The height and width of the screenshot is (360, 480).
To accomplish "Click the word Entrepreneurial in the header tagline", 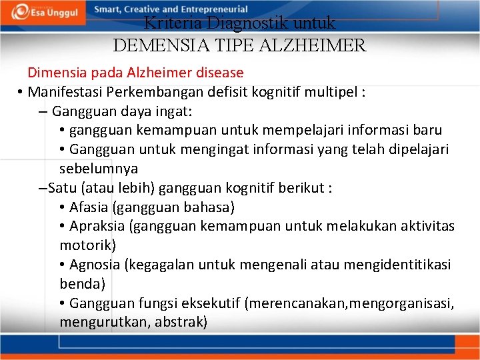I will tap(213, 10).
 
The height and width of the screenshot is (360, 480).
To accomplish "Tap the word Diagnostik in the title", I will tap(241, 25).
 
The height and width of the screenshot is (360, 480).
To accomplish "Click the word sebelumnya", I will tap(99, 169).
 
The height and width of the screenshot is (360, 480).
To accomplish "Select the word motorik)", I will tap(88, 245).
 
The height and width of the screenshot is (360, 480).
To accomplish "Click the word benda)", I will tap(82, 284).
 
